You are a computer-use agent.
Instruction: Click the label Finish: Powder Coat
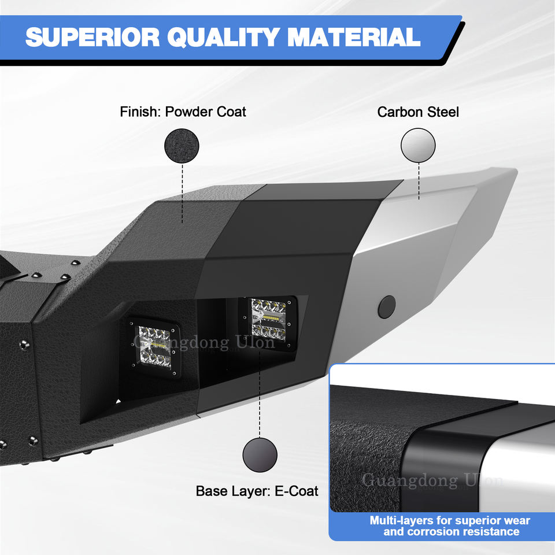(x=183, y=112)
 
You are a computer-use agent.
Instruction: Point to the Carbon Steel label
(x=418, y=112)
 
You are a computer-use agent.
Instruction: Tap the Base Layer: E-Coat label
(x=257, y=491)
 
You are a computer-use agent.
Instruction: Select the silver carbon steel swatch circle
(x=418, y=145)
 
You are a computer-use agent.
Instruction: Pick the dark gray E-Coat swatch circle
(x=260, y=454)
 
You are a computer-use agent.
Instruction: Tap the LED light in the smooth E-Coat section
(x=268, y=324)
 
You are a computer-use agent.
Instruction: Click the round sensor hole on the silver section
(x=387, y=306)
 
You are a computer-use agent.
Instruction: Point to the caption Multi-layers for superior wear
(x=450, y=520)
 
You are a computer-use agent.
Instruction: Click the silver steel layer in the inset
(x=520, y=468)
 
